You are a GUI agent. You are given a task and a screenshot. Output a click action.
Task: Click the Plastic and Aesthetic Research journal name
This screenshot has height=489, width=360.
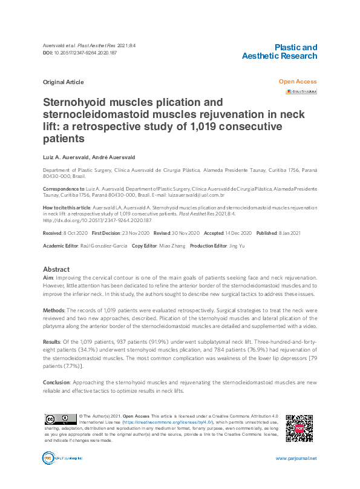click(x=279, y=51)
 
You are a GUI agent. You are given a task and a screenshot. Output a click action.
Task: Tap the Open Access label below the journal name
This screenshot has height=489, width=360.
click(x=297, y=82)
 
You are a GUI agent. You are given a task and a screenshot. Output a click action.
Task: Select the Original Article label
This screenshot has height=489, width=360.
click(x=64, y=82)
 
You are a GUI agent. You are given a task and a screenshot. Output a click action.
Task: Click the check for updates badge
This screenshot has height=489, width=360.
click(x=301, y=91)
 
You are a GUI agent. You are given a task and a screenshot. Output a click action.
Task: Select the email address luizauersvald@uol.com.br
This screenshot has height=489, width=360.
click(x=197, y=196)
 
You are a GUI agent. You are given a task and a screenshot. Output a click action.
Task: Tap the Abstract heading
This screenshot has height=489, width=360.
click(x=56, y=269)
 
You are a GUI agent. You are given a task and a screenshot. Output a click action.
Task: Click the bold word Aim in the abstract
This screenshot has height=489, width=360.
click(x=48, y=277)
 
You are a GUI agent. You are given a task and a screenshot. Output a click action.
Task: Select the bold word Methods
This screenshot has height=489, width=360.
click(x=54, y=309)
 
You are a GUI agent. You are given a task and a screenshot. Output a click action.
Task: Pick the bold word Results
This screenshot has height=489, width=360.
click(x=53, y=342)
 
